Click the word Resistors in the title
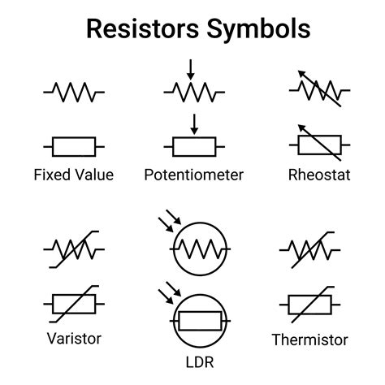click(138, 29)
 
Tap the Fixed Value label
click(73, 175)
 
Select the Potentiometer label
click(193, 175)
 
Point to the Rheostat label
click(319, 175)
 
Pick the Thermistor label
click(309, 340)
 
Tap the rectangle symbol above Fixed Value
click(73, 146)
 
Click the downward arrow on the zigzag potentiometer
click(190, 69)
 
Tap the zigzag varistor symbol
click(73, 250)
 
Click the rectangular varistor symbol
click(73, 305)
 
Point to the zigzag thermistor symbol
click(311, 250)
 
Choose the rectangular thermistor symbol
click(311, 305)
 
